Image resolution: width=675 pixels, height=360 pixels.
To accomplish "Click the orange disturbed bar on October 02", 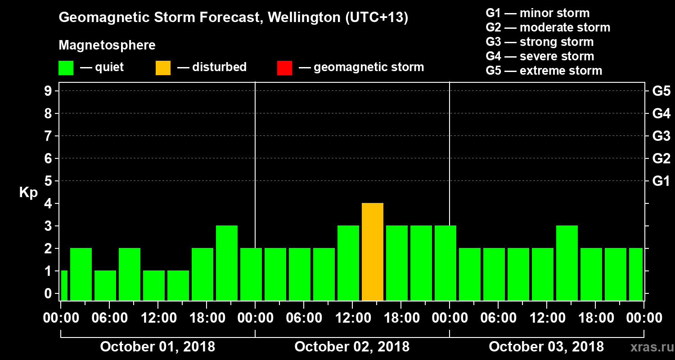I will (372, 252).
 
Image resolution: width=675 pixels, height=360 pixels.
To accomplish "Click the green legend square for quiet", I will (66, 67).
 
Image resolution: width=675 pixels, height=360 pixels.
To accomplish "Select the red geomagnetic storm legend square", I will (284, 67).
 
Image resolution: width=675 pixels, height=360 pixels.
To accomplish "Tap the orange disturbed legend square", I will (163, 67).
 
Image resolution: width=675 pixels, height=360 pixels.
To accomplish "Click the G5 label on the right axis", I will (661, 91).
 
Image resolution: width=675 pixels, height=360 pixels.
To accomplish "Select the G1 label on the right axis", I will (661, 181).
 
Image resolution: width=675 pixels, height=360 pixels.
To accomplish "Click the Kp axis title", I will (28, 193).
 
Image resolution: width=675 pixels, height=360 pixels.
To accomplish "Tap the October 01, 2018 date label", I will (157, 346).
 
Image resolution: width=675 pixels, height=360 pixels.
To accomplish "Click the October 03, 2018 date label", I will (546, 346).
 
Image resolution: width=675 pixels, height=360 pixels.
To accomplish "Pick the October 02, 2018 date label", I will (352, 346).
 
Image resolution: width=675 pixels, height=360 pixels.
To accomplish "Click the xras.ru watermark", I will (648, 347).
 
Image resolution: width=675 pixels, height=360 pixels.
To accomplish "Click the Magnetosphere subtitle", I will (107, 45).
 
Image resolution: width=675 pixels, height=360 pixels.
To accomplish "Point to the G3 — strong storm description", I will (540, 42).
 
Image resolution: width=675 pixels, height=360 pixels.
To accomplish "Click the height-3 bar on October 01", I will (226, 263).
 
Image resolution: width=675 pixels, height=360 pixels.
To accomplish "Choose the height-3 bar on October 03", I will (567, 263).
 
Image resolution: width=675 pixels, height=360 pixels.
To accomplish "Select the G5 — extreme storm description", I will (544, 71).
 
